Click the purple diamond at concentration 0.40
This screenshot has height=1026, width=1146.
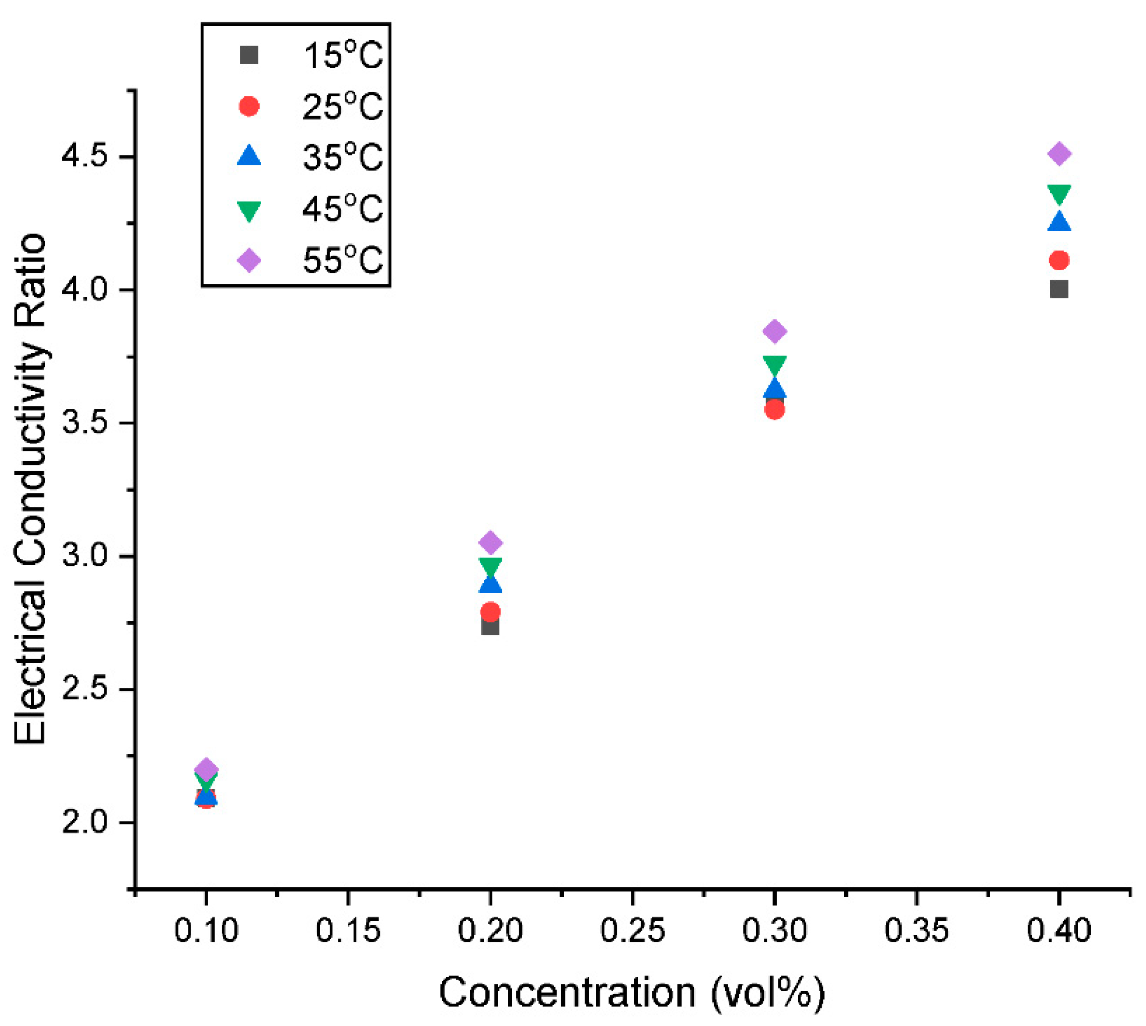coord(1059,154)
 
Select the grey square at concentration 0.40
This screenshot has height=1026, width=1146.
coord(1059,290)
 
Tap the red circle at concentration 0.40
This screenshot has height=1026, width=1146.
coord(1059,260)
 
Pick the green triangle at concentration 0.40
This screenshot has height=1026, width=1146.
coord(1059,194)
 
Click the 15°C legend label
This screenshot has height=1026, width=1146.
coord(342,56)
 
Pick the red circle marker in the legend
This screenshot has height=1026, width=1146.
coord(248,107)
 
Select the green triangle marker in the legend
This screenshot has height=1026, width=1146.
coord(248,210)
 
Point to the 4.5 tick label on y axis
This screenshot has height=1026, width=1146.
coord(84,157)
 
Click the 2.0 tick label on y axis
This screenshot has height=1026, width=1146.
coord(84,823)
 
